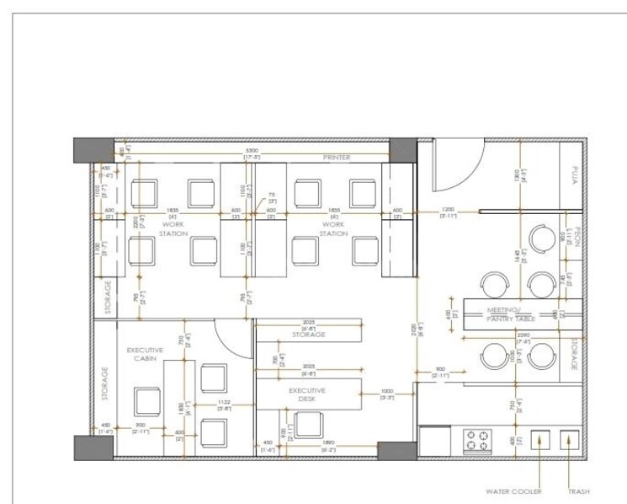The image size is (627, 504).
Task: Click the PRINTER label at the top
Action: coord(337,158)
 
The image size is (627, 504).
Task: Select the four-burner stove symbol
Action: coord(476,442)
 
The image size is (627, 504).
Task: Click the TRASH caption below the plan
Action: coord(578,491)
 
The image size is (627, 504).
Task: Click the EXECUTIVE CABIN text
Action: coord(145,353)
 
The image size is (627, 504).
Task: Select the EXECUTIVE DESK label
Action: coord(307,395)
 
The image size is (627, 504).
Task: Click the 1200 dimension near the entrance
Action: coord(448,209)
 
